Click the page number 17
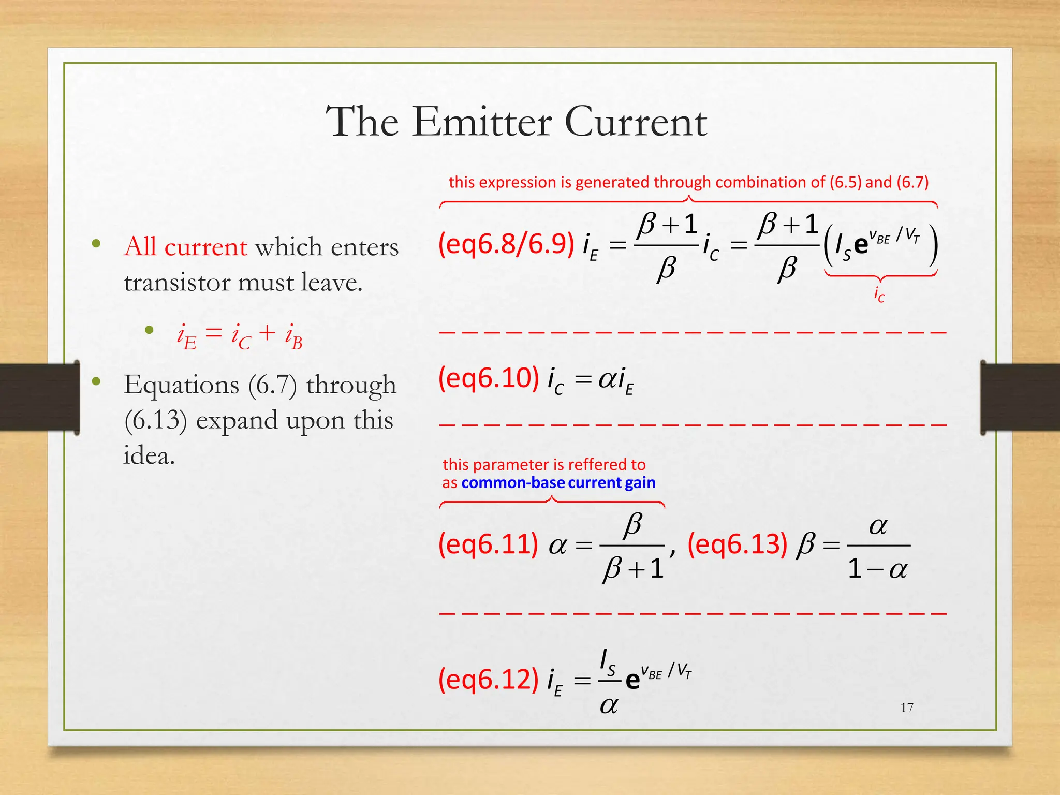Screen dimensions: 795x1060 click(907, 708)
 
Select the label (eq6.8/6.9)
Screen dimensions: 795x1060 click(506, 243)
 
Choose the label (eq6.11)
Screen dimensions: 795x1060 click(488, 544)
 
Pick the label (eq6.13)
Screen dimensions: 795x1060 click(737, 544)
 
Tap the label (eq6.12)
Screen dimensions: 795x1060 click(488, 679)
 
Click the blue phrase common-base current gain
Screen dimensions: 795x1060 click(558, 483)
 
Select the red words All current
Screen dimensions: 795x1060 click(185, 246)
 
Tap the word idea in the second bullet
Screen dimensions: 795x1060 click(149, 455)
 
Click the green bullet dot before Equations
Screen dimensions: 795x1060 click(96, 382)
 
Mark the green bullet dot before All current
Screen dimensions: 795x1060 click(96, 243)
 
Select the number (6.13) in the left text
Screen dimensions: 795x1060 click(155, 420)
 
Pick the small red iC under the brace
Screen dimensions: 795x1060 click(879, 294)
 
